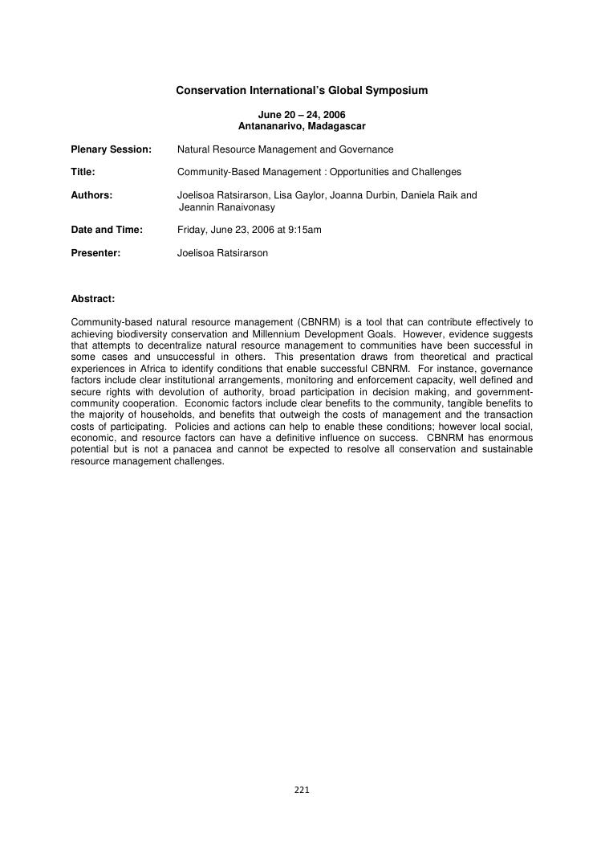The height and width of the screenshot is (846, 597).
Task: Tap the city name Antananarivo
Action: (x=272, y=126)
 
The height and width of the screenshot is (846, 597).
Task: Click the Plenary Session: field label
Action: (x=111, y=149)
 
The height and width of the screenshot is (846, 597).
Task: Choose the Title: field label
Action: (x=83, y=172)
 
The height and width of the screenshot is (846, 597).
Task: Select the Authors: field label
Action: (x=91, y=195)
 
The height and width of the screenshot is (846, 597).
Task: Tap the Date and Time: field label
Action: (x=107, y=230)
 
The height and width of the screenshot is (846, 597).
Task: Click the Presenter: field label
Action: (x=95, y=253)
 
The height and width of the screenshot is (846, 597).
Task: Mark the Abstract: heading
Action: (x=93, y=299)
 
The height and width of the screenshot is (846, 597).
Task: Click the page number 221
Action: (x=302, y=791)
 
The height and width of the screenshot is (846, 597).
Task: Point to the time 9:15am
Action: (x=304, y=230)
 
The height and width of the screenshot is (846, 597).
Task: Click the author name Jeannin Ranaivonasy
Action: (x=226, y=207)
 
